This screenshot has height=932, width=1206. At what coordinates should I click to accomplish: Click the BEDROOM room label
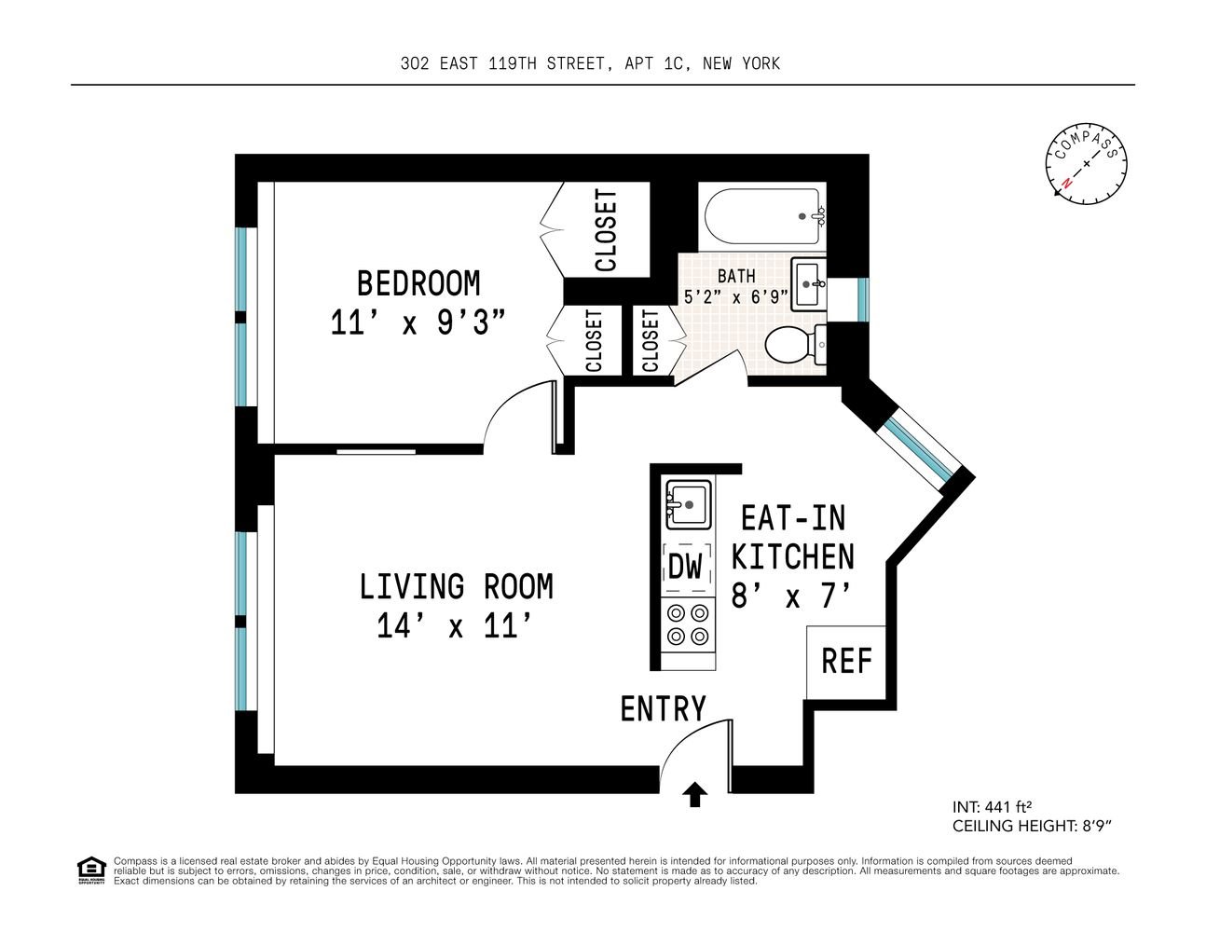[x=418, y=283]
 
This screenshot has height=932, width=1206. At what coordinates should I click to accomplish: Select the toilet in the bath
[x=795, y=345]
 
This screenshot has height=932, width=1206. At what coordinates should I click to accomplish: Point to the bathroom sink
[x=809, y=284]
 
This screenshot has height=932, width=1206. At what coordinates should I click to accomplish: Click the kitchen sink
[x=688, y=504]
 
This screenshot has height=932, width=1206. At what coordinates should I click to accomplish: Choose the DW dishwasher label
[x=685, y=567]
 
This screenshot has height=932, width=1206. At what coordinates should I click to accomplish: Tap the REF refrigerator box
[x=846, y=662]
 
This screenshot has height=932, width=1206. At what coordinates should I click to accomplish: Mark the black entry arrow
[x=695, y=794]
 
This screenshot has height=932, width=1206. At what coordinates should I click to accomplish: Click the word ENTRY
[x=664, y=709]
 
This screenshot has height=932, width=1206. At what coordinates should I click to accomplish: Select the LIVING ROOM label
[x=456, y=586]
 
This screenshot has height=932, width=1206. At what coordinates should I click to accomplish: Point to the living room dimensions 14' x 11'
[x=455, y=625]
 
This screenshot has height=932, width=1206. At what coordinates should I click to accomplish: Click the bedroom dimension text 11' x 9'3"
[x=418, y=322]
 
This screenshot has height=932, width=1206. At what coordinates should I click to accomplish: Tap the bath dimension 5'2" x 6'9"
[x=736, y=297]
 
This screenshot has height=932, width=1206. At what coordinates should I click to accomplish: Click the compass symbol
[x=1086, y=164]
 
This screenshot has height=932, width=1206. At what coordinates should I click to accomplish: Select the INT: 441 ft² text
[x=992, y=806]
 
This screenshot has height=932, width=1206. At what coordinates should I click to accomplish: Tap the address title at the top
[x=591, y=63]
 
